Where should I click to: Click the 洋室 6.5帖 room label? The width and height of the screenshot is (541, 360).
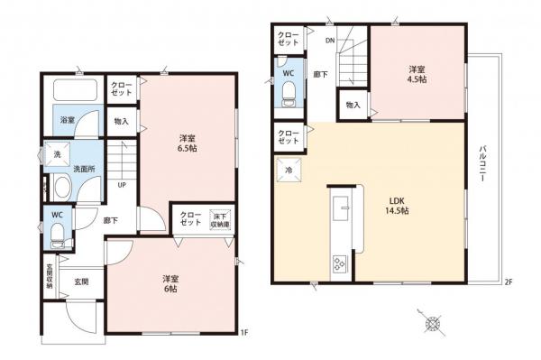[188, 143]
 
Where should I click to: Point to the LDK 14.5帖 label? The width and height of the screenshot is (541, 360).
[399, 206]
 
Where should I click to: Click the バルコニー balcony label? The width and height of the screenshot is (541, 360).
[483, 164]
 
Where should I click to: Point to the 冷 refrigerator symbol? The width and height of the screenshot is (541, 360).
[289, 170]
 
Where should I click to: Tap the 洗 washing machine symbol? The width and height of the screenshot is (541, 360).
[56, 153]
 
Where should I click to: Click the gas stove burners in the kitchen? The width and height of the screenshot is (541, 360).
[341, 263]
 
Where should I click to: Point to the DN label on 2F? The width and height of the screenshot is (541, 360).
[330, 41]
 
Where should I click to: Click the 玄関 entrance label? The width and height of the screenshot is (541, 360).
[80, 282]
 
